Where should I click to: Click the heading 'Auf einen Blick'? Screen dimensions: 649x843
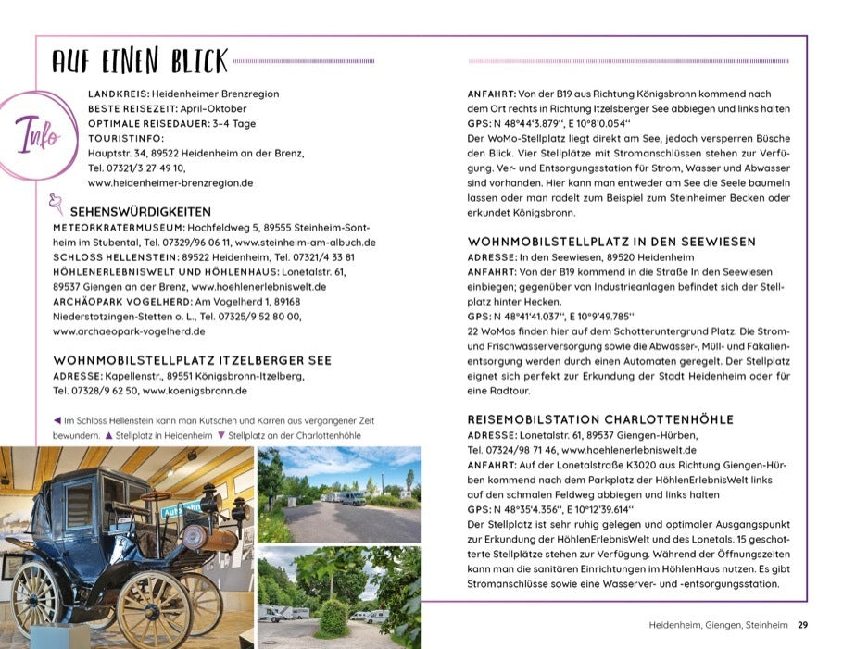(x=139, y=61)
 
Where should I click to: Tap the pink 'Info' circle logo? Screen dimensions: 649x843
(x=38, y=135)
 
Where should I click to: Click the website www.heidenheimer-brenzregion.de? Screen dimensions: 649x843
(x=170, y=183)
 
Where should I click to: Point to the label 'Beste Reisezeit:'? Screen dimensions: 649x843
(x=128, y=108)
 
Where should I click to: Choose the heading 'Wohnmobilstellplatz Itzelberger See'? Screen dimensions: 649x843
(x=192, y=359)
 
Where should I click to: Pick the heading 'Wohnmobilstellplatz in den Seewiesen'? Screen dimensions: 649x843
(x=611, y=242)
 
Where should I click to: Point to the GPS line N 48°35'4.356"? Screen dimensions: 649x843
(x=550, y=508)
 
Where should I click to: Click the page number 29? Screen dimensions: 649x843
(x=803, y=626)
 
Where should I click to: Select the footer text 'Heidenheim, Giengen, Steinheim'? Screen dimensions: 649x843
(x=718, y=626)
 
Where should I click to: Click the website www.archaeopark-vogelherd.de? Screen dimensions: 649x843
(x=129, y=331)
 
